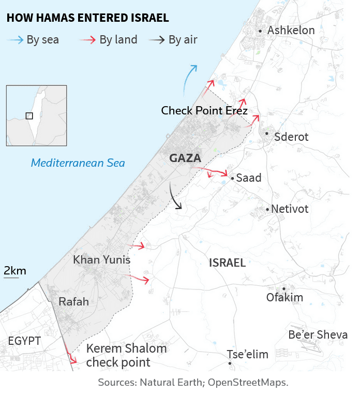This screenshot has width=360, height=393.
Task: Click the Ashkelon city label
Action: [x=291, y=31]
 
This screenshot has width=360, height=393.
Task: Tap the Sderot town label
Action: [x=291, y=137]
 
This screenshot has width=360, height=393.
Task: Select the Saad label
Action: [x=249, y=178]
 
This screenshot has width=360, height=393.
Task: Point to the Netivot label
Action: [x=290, y=209]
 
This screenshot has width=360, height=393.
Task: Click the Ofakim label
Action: [x=284, y=297]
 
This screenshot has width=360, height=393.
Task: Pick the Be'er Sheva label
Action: [x=318, y=335]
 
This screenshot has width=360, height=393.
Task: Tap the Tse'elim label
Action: [x=248, y=355]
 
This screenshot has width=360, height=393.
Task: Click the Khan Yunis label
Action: [x=101, y=259]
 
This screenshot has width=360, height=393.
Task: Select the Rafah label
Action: [x=73, y=301]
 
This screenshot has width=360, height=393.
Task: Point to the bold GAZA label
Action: [x=185, y=158]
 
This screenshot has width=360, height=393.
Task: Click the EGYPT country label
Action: [x=24, y=341]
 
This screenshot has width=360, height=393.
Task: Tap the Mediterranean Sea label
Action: [x=78, y=163]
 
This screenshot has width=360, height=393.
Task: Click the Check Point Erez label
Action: [x=204, y=111]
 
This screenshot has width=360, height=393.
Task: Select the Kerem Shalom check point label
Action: [x=126, y=355]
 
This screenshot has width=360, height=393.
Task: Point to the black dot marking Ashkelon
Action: [x=260, y=32]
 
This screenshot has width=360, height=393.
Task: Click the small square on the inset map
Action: [x=29, y=115]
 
